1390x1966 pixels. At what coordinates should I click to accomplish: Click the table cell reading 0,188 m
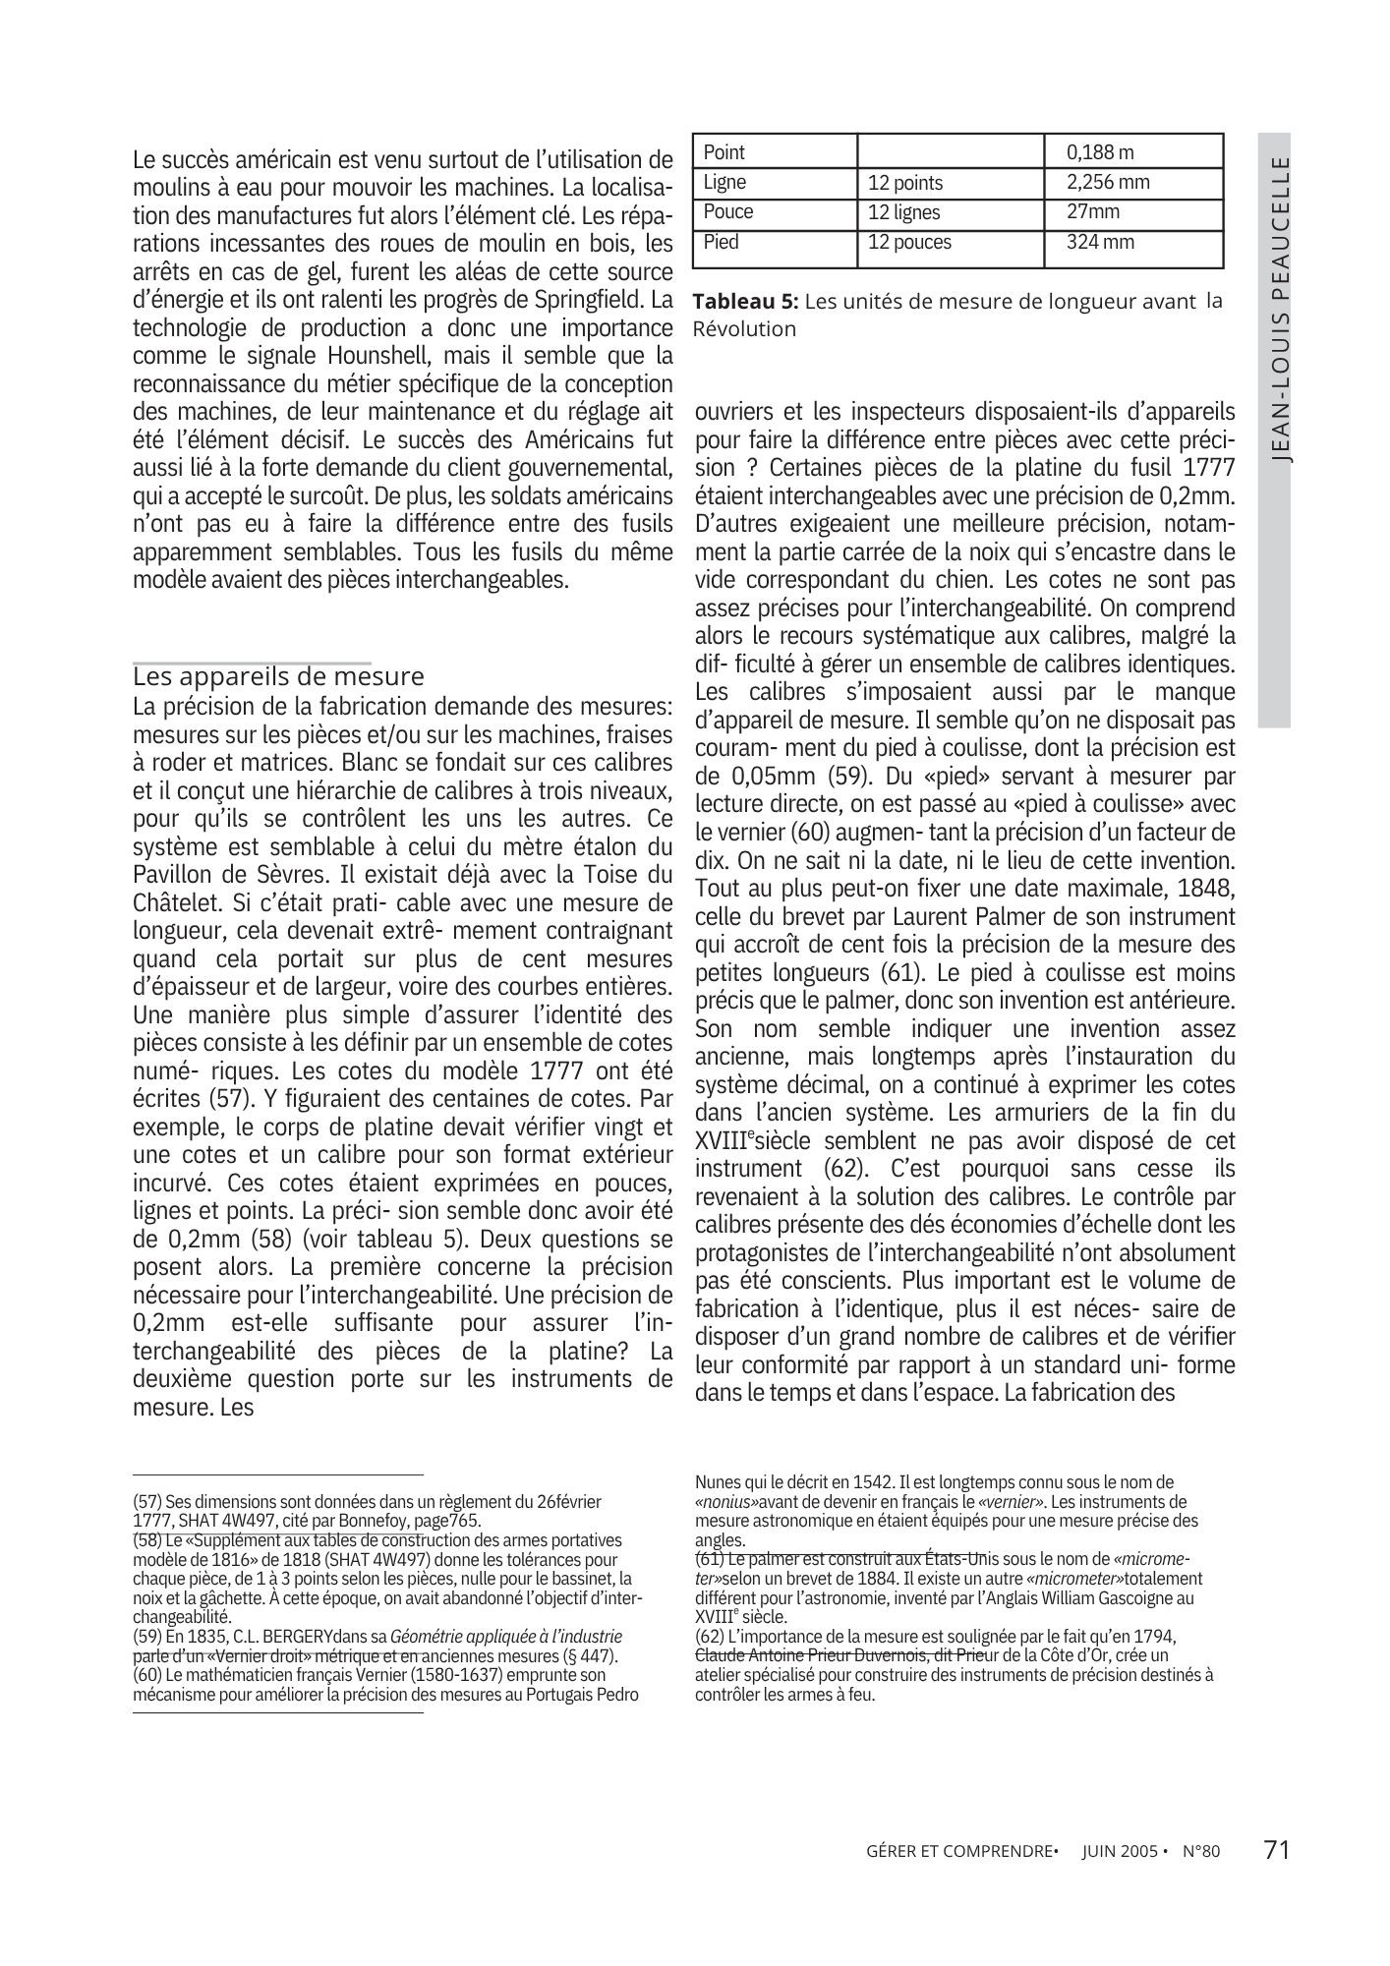[1100, 152]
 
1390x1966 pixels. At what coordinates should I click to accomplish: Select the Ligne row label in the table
[724, 182]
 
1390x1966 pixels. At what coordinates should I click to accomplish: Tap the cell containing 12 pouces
[909, 242]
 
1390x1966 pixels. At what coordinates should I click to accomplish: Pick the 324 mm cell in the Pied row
[1100, 242]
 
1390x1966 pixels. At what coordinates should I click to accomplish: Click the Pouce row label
[727, 211]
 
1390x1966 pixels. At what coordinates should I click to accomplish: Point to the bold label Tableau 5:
[745, 302]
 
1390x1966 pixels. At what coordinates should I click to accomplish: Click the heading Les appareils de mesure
[278, 676]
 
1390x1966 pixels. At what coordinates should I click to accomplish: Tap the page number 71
[1276, 1849]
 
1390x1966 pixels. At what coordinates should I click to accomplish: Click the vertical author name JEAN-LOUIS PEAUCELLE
[1274, 308]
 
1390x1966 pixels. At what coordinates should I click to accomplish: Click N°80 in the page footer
[1200, 1851]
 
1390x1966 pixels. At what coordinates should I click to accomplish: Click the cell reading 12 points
[905, 183]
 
